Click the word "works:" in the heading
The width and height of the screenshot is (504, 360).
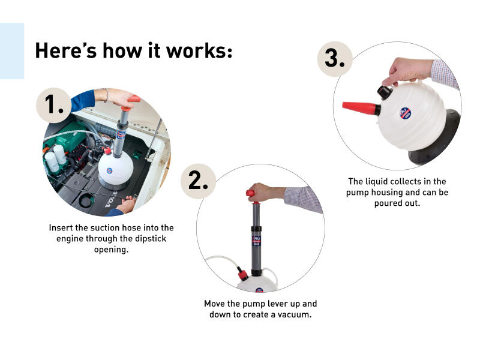coord(199,51)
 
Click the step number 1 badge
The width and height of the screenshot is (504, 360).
coord(53,105)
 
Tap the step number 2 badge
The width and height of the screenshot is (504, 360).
coord(198,181)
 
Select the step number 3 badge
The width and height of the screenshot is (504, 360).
coord(335,59)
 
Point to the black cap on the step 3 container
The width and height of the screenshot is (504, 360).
coord(385,92)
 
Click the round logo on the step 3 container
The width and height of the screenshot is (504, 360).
coord(406,113)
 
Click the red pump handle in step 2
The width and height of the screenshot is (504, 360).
coord(250,193)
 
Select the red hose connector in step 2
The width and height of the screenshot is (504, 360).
coord(242,275)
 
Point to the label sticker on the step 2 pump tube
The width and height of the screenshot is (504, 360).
coord(256,241)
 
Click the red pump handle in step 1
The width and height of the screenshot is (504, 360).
coord(134,99)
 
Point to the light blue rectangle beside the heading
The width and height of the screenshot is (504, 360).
coord(12,51)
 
